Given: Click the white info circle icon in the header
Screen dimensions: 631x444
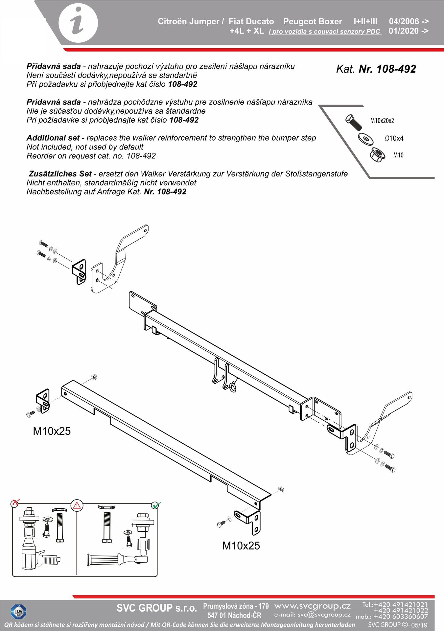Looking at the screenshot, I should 78,24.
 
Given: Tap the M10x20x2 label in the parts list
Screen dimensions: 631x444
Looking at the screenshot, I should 382,121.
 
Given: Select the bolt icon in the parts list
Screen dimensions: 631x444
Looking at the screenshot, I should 354,122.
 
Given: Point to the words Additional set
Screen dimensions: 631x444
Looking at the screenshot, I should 53,138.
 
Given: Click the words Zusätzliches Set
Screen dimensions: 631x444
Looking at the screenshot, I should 60,174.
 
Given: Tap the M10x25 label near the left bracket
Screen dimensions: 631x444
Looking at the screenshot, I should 52,431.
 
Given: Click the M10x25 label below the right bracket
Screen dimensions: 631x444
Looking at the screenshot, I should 241,546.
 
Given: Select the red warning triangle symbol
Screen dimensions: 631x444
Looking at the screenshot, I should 77,505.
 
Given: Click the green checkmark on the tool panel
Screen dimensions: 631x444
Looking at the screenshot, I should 156,505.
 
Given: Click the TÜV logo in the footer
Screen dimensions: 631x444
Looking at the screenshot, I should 18,612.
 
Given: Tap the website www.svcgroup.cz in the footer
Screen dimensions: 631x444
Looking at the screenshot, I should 312,606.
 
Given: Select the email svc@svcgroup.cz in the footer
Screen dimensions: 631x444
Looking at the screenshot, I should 312,615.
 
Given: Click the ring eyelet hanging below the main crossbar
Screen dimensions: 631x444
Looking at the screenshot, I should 232,387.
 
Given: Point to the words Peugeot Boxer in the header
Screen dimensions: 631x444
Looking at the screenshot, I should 313,21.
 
